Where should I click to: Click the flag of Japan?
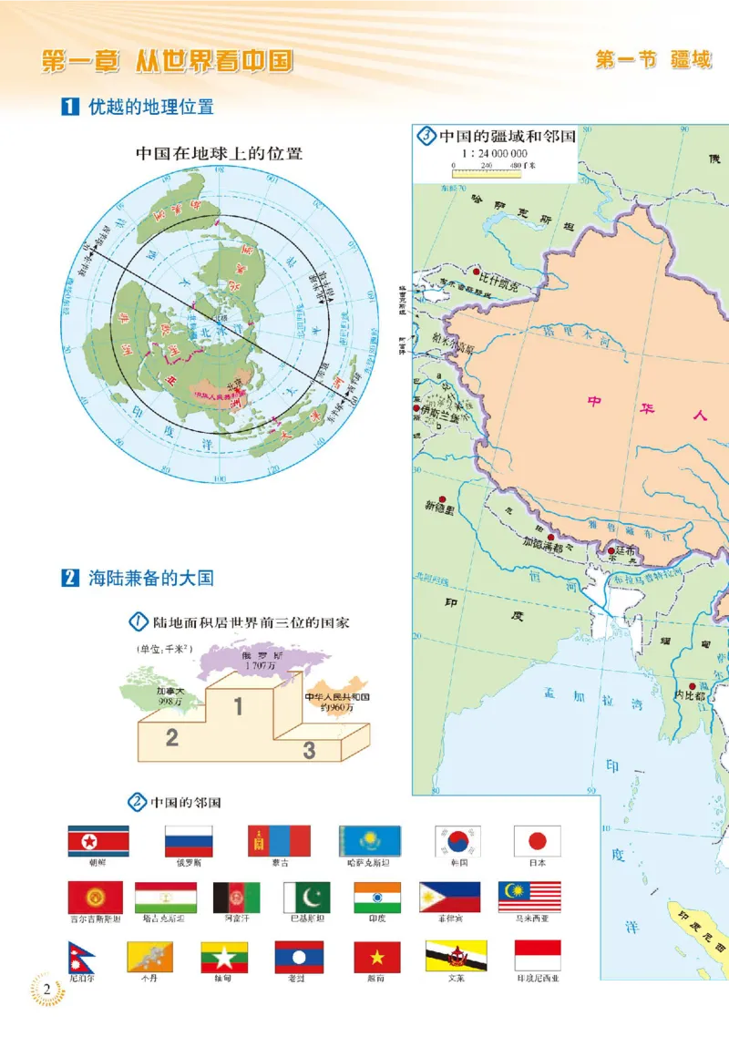537,840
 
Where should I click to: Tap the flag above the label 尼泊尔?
82,956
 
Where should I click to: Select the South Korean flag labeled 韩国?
457,840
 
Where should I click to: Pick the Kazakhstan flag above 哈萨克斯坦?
370,840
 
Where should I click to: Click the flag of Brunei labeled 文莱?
456,956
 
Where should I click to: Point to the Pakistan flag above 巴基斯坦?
306,898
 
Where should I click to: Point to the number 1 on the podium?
238,705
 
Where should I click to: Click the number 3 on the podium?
310,749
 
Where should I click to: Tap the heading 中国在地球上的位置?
219,154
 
